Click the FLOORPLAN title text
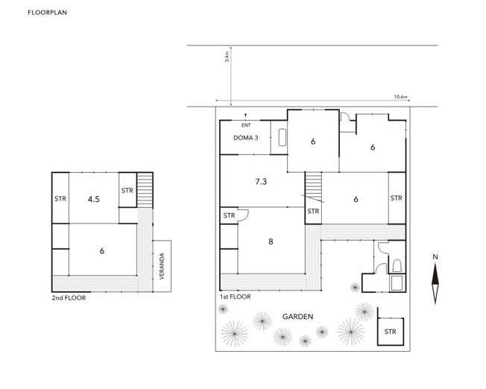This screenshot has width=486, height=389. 47,13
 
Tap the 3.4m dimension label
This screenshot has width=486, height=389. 227,57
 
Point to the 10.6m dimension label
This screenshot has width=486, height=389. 400,97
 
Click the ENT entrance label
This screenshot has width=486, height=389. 246,125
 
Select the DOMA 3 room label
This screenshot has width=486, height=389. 245,138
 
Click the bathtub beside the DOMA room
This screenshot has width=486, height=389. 283,137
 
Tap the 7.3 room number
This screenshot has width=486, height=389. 261,182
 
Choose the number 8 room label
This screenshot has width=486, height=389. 271,241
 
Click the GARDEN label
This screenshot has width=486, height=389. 297,317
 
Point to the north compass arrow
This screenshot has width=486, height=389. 435,283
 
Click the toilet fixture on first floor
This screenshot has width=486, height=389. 397,266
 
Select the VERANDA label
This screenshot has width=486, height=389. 162,266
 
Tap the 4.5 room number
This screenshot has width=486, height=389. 94,199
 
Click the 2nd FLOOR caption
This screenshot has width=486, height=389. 69,298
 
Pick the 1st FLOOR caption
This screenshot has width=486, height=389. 236,297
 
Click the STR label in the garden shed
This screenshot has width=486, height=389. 391,332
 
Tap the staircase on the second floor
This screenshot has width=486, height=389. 145,190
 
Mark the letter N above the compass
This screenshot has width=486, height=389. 435,257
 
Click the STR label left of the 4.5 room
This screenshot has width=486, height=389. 60,199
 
